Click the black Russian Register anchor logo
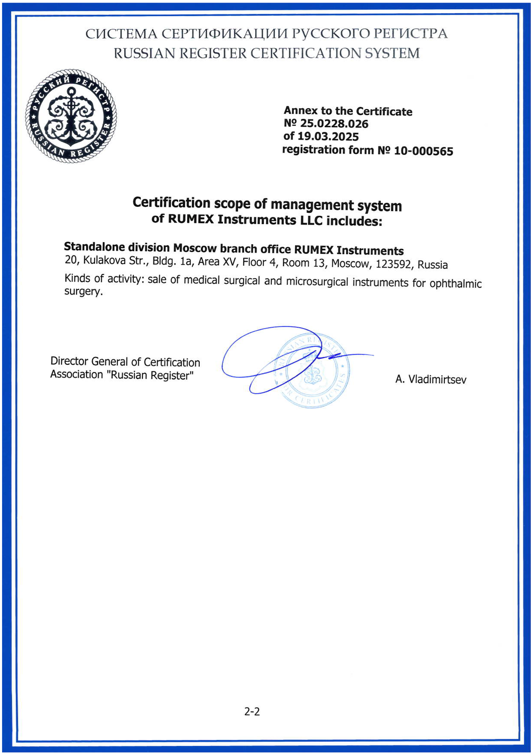(x=71, y=116)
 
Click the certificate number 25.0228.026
(x=334, y=124)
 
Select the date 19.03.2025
(x=328, y=136)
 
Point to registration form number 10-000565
(x=423, y=151)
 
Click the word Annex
(x=300, y=111)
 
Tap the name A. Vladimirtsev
(x=430, y=380)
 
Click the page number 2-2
(x=252, y=712)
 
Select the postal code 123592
(x=394, y=264)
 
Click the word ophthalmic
(x=456, y=283)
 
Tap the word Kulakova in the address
(x=105, y=260)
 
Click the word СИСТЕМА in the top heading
(x=121, y=34)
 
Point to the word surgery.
(x=83, y=292)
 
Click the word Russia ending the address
(x=432, y=265)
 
